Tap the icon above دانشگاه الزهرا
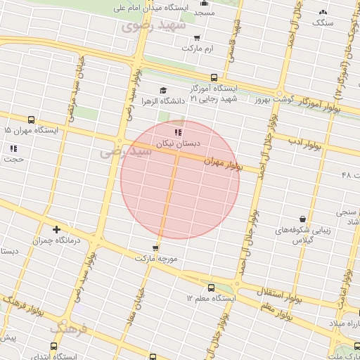(164, 90)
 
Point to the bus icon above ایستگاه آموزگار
(214, 77)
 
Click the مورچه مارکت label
(155, 259)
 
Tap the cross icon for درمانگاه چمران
(57, 229)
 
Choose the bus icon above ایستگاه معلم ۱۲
(211, 288)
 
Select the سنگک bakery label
(323, 23)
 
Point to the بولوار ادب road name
(304, 143)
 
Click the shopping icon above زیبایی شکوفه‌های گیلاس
(302, 219)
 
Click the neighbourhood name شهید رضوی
(153, 26)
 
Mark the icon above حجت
(13, 148)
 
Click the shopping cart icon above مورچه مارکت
(155, 247)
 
